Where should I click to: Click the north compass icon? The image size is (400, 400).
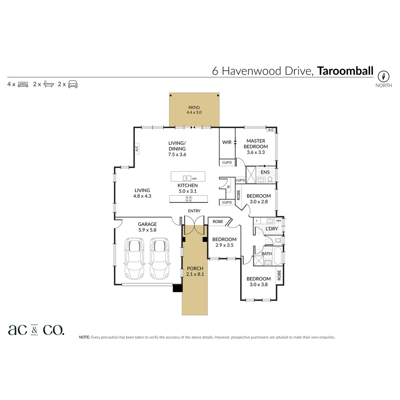(x=384, y=76)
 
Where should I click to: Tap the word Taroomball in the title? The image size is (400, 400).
(x=345, y=71)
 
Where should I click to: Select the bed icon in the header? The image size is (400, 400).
(x=23, y=84)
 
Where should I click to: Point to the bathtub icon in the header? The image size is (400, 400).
(x=48, y=84)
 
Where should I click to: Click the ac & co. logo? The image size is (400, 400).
(x=36, y=330)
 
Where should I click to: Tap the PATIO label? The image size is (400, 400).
(x=194, y=107)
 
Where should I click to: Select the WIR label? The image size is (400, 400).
(x=227, y=142)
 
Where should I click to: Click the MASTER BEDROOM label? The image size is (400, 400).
(x=256, y=143)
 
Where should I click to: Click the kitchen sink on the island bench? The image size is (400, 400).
(x=187, y=178)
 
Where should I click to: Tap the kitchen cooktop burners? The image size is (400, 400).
(x=189, y=199)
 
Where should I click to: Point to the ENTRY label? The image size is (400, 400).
(x=194, y=211)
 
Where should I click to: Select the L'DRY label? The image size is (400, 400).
(x=271, y=229)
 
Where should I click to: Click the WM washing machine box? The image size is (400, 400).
(x=279, y=221)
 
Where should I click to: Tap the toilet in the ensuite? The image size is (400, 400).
(x=270, y=180)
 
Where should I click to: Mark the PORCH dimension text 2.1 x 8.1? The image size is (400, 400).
(x=195, y=274)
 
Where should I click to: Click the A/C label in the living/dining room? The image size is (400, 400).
(x=136, y=149)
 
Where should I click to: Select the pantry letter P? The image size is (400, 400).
(x=228, y=187)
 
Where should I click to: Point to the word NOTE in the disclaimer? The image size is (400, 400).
(x=84, y=337)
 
